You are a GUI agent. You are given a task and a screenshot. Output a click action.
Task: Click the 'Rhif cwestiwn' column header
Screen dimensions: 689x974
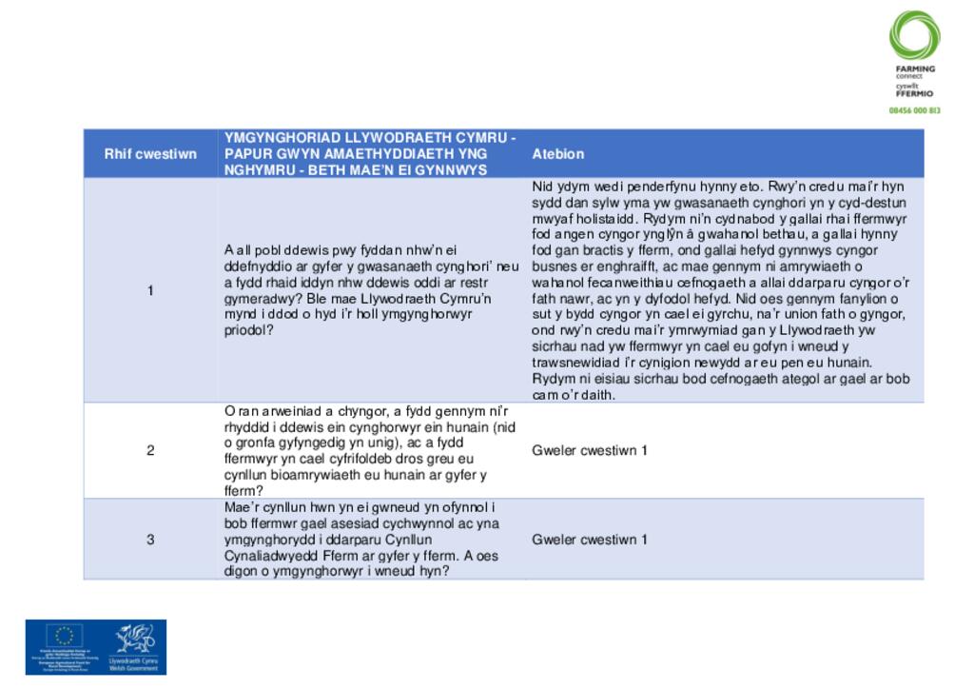pyautogui.click(x=150, y=154)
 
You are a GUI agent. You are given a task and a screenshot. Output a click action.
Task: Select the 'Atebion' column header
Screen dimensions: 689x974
pyautogui.click(x=558, y=154)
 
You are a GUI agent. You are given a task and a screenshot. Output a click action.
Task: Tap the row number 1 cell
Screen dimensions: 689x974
pyautogui.click(x=150, y=290)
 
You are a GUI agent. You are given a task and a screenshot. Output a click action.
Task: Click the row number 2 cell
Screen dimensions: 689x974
pyautogui.click(x=150, y=450)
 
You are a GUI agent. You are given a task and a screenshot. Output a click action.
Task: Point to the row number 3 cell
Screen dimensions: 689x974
pyautogui.click(x=150, y=540)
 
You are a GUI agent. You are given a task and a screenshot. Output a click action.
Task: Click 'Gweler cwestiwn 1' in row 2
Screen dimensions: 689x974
pyautogui.click(x=590, y=450)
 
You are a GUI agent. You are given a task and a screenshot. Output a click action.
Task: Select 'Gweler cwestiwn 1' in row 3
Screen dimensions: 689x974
pyautogui.click(x=590, y=540)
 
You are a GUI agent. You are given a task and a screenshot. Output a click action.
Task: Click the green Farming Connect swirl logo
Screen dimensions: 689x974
pyautogui.click(x=914, y=35)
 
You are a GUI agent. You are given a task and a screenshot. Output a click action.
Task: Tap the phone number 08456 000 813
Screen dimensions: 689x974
pyautogui.click(x=914, y=110)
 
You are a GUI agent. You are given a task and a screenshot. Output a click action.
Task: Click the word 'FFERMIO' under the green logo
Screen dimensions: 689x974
pyautogui.click(x=914, y=94)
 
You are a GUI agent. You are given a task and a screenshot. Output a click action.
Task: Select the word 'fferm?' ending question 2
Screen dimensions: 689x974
pyautogui.click(x=244, y=491)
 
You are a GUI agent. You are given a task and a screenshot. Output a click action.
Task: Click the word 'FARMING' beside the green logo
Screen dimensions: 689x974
pyautogui.click(x=915, y=69)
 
